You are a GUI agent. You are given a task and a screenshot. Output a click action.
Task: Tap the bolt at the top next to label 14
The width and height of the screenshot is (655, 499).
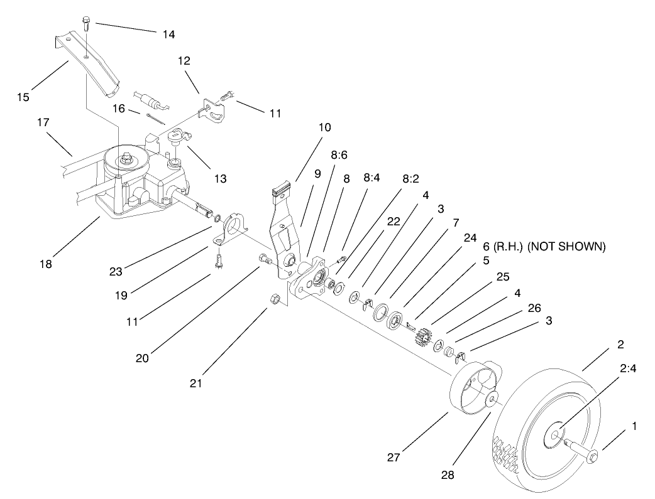(87, 25)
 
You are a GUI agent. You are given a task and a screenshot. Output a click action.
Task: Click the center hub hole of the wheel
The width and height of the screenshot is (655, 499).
(558, 434)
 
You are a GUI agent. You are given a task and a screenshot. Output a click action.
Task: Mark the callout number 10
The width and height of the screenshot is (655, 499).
(324, 127)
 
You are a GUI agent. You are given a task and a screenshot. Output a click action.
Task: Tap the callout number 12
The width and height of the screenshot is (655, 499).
(184, 61)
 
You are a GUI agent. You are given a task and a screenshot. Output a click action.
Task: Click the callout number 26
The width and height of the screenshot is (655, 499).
(533, 307)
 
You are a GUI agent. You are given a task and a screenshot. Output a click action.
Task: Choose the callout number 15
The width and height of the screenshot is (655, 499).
(23, 97)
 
